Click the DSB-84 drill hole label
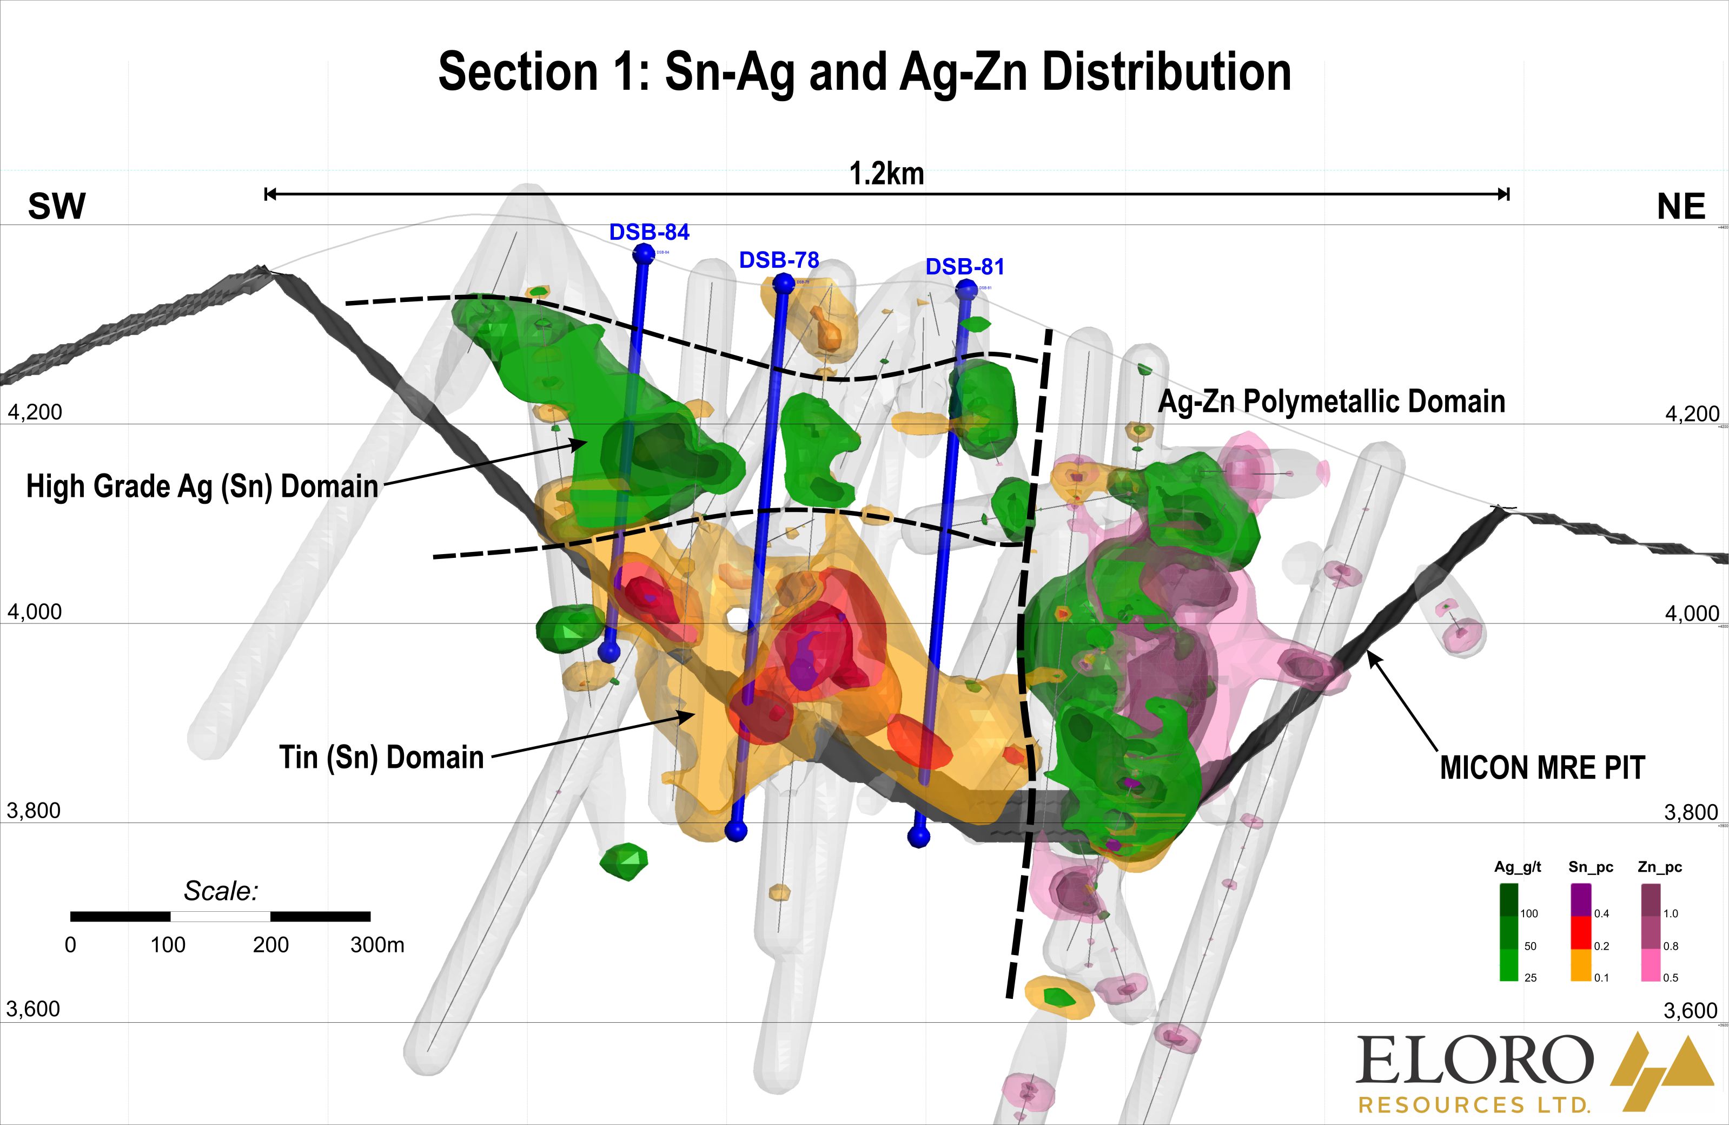click(x=649, y=233)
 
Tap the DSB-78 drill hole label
click(x=779, y=260)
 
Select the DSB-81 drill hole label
click(x=965, y=267)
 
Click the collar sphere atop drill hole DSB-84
click(x=644, y=254)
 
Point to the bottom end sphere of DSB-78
click(x=737, y=831)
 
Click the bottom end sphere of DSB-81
click(x=919, y=837)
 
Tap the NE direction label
click(x=1681, y=208)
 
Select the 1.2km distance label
click(x=886, y=174)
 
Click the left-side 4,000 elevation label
click(x=35, y=612)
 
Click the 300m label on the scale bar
click(x=377, y=945)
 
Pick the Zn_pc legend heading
click(x=1660, y=867)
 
